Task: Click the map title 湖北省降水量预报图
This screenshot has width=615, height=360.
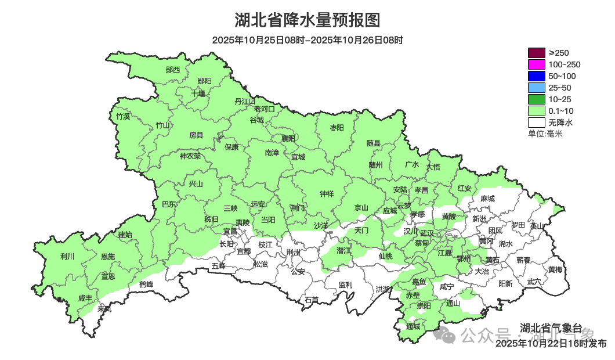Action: coord(307,20)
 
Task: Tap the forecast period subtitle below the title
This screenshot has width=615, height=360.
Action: coord(307,40)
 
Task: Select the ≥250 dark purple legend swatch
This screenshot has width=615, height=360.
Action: coord(537,53)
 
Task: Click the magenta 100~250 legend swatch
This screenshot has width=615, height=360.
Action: coord(537,64)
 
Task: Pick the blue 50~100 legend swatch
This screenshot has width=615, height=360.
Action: coord(537,76)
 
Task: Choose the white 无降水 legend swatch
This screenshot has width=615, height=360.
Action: coord(537,123)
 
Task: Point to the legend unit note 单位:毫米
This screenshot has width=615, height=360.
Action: coord(545,134)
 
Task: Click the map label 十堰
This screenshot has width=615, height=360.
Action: coord(198,93)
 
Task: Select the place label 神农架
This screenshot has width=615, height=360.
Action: coord(190,156)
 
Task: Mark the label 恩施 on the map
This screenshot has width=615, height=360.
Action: coord(107,257)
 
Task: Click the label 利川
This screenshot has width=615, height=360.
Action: coord(67,257)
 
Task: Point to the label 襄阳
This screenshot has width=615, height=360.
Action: coord(288,138)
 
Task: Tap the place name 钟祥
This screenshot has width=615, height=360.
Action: coord(327,195)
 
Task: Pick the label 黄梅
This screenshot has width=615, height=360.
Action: coord(555,269)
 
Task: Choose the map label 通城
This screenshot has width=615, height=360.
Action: coord(413,326)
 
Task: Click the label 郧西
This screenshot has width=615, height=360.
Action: coord(173,70)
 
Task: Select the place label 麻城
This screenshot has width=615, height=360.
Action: coord(488,199)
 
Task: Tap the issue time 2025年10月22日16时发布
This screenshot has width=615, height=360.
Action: coord(551,344)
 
